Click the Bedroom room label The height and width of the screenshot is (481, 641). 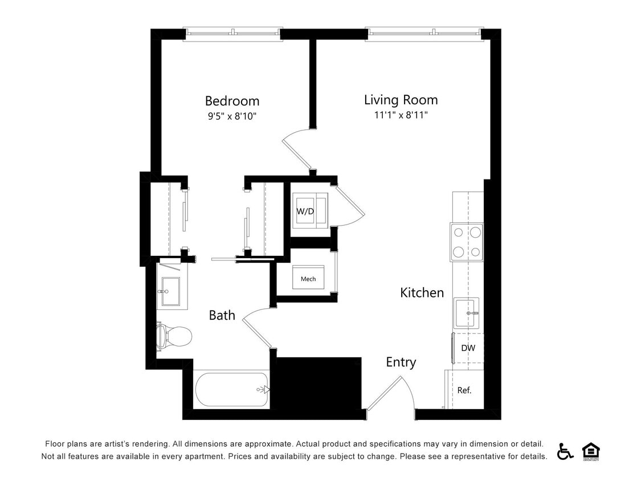[232, 101]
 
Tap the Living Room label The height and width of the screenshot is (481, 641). [401, 100]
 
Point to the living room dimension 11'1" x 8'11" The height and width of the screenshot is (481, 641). [401, 115]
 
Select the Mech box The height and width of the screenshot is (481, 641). [308, 278]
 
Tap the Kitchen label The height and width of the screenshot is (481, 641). [422, 293]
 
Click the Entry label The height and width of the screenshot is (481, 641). [401, 362]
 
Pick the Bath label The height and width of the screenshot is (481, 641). [222, 315]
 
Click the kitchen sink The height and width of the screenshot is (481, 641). [467, 313]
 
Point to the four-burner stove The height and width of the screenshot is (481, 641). [467, 242]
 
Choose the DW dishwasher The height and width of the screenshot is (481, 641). [468, 348]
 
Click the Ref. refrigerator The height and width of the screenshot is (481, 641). [464, 390]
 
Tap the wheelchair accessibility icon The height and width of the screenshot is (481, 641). [565, 451]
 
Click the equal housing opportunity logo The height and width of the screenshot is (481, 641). [591, 451]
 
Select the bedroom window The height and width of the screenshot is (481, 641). [233, 34]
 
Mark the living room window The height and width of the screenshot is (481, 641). [425, 34]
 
